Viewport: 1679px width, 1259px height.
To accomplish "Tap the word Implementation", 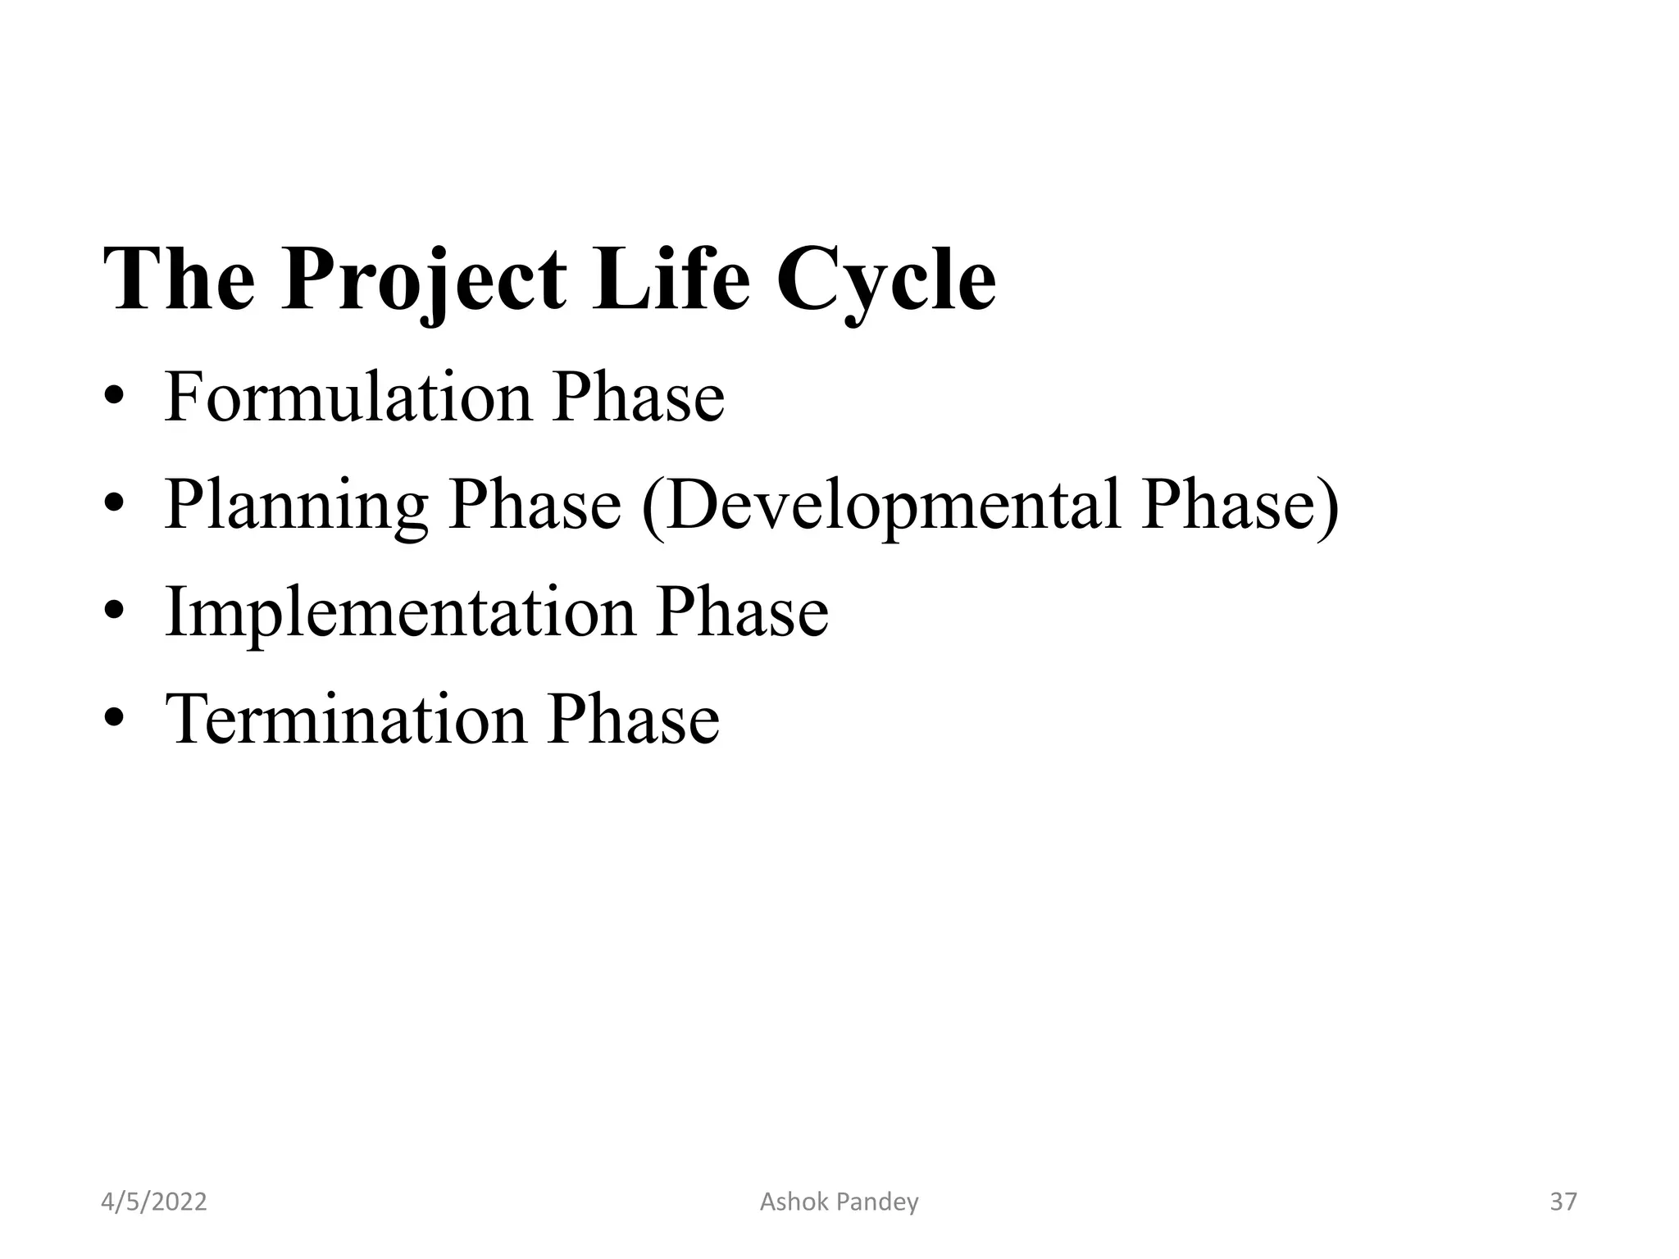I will click(x=400, y=613).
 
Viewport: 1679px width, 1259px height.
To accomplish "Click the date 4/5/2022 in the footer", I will click(x=153, y=1202).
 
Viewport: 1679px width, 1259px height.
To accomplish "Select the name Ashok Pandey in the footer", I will click(x=839, y=1202).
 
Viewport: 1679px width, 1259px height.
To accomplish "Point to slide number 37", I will click(x=1563, y=1202).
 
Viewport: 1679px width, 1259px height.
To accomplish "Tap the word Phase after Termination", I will click(x=633, y=720).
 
